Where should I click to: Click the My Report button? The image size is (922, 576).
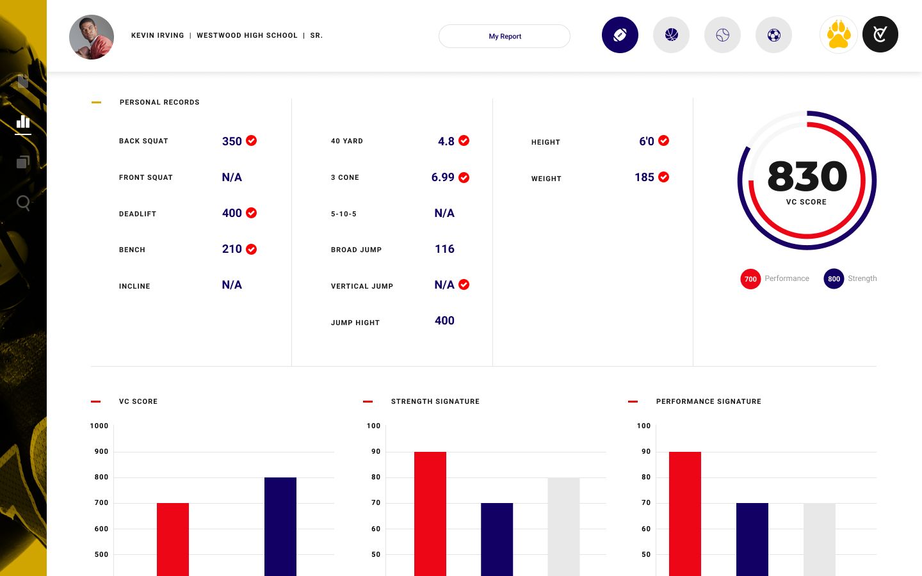(x=505, y=36)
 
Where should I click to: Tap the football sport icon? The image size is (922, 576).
(x=620, y=35)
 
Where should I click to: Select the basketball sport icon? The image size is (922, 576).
(x=671, y=35)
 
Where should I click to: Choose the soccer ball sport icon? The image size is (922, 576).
(x=773, y=35)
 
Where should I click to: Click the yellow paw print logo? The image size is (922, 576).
(x=838, y=35)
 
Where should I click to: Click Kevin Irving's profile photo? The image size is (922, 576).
(x=92, y=37)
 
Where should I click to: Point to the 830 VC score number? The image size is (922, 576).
(x=807, y=177)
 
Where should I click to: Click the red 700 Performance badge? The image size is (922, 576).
(x=750, y=279)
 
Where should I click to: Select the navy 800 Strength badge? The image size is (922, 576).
(x=834, y=279)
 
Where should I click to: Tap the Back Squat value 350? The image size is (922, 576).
(x=232, y=141)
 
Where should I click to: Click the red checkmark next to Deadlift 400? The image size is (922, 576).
(x=252, y=213)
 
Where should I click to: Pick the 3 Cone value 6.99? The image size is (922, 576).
(x=442, y=177)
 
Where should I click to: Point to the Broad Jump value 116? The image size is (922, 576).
(x=444, y=249)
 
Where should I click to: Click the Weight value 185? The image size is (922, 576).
(x=644, y=177)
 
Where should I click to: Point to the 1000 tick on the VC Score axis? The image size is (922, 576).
(x=99, y=426)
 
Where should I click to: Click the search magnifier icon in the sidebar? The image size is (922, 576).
(x=23, y=203)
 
